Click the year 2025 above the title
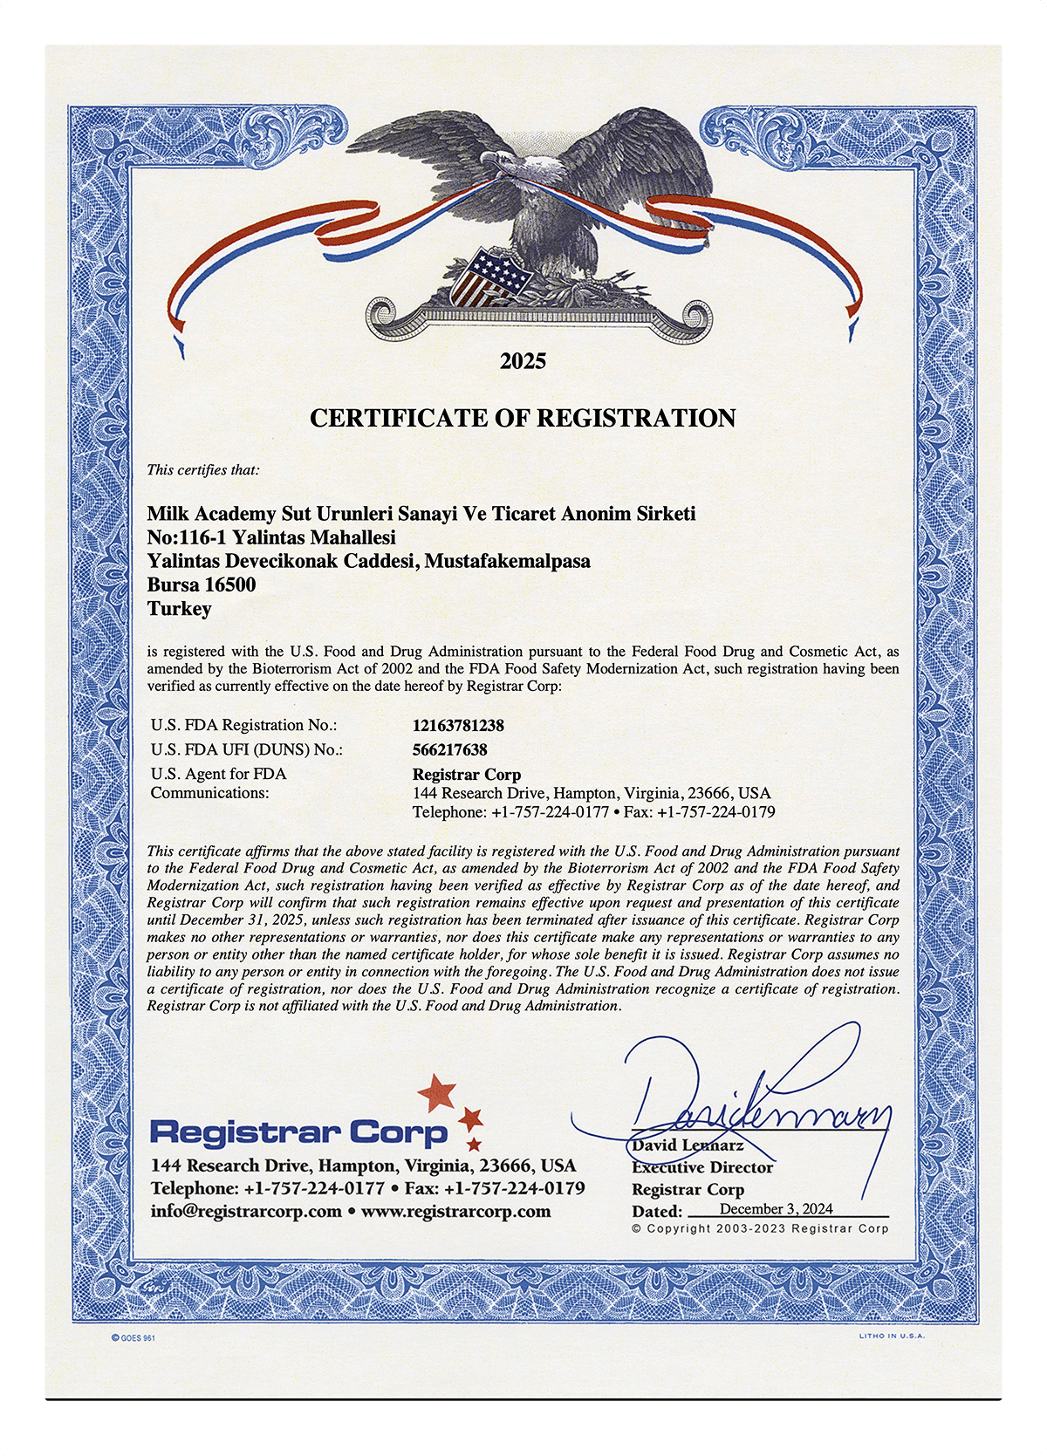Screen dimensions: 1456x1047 [x=523, y=361]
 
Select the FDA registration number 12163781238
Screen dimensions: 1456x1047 [x=458, y=725]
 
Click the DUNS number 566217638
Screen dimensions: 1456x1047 [x=449, y=749]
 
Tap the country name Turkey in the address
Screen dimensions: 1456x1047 [x=179, y=608]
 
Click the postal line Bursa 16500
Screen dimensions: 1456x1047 [x=202, y=584]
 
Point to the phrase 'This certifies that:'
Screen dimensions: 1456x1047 [x=202, y=470]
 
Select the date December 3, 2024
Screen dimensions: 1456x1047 [x=776, y=1209]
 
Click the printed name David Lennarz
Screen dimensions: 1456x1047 [x=688, y=1145]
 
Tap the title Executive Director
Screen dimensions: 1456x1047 [x=702, y=1167]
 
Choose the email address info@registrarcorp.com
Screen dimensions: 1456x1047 [x=246, y=1211]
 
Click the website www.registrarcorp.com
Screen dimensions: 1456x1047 [x=455, y=1211]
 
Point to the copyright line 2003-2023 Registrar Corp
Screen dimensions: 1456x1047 [x=760, y=1228]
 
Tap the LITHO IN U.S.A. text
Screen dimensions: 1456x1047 [x=892, y=1336]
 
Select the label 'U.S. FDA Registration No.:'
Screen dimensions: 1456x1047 [x=243, y=725]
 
